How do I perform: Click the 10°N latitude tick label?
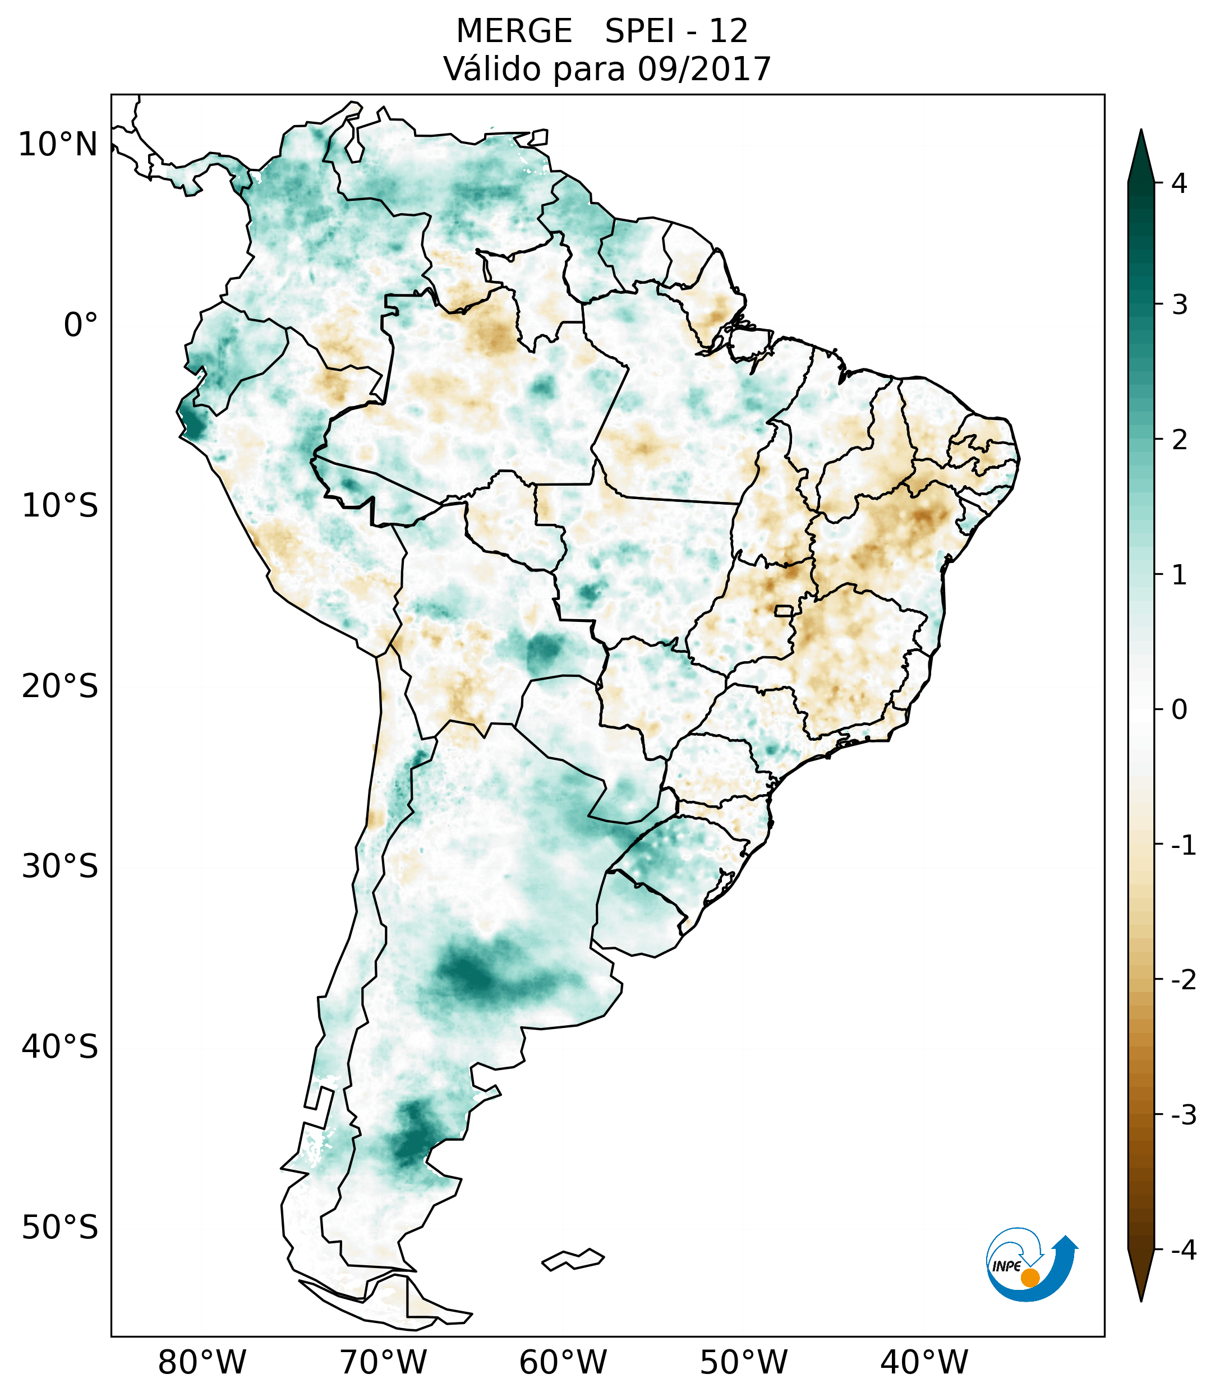(57, 145)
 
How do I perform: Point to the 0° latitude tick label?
(80, 325)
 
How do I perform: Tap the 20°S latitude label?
(59, 685)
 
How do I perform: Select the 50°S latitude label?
(59, 1228)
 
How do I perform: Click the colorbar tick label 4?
(1179, 183)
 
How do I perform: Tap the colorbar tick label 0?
(1179, 709)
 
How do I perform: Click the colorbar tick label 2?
(1179, 440)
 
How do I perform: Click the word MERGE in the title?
(514, 31)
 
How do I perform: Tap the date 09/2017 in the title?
(704, 69)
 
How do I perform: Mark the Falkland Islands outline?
(573, 1259)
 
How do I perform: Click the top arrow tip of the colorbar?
(1140, 133)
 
